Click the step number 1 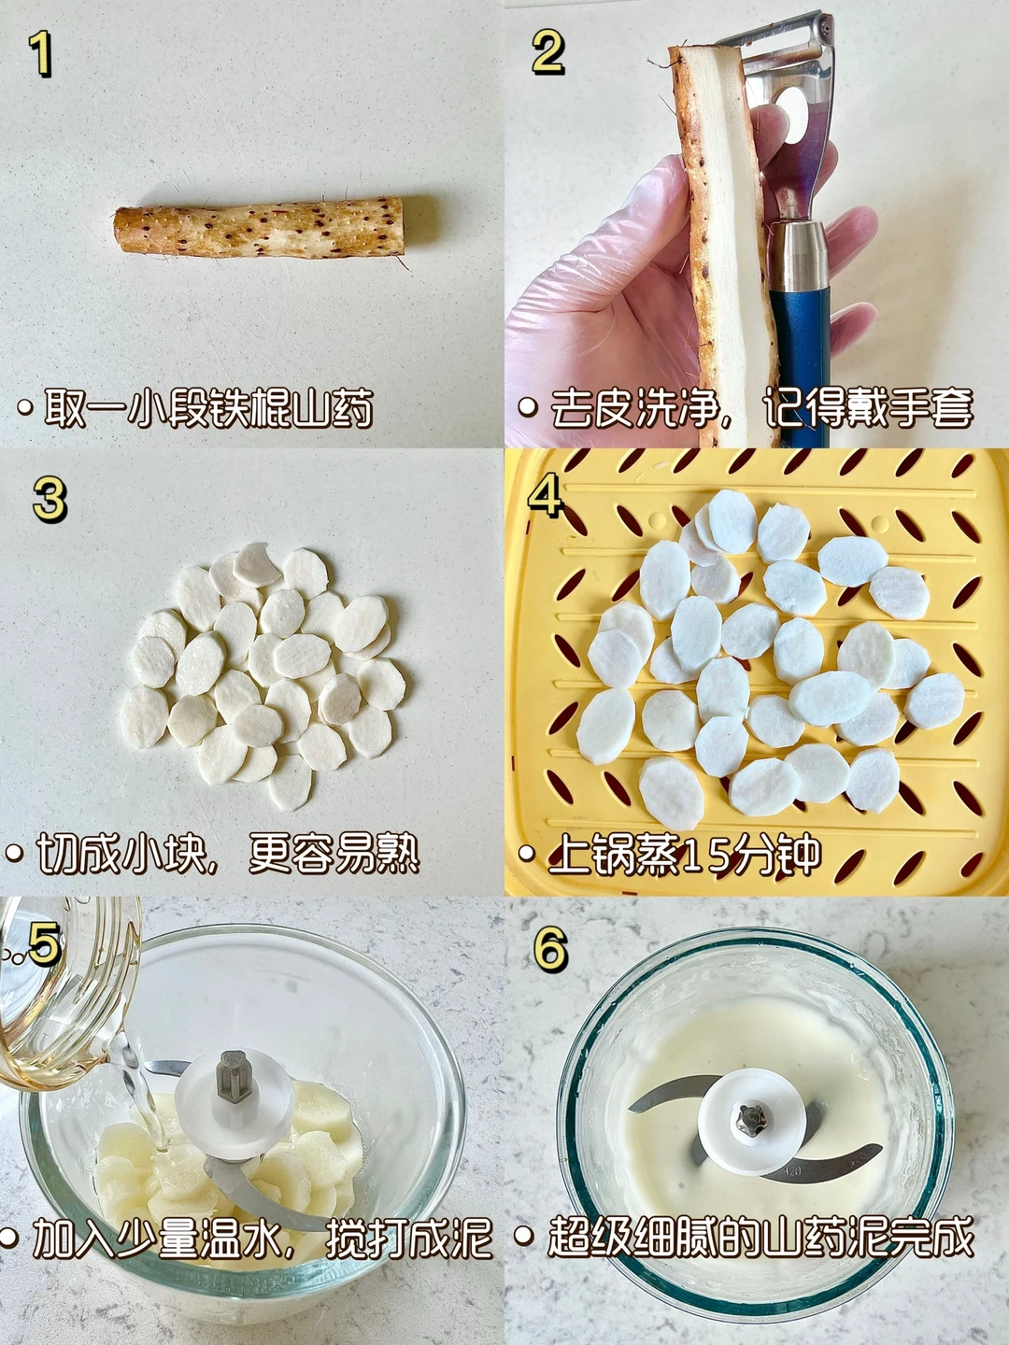click(x=41, y=54)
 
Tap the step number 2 click(x=548, y=52)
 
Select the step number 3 click(x=50, y=499)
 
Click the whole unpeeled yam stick click(x=260, y=228)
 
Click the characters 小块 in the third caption click(x=163, y=854)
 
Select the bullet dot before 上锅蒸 click(x=526, y=853)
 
